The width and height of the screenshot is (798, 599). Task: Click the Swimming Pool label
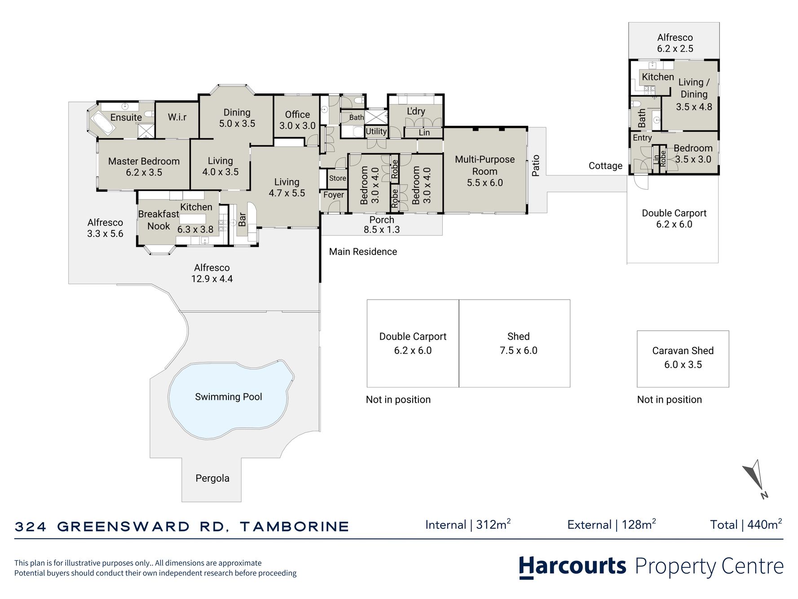(x=228, y=397)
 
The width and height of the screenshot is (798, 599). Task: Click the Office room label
(x=297, y=115)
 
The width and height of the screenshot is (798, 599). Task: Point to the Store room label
(x=337, y=178)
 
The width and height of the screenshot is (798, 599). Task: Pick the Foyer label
(x=334, y=195)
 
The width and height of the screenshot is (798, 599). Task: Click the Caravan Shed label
(x=683, y=351)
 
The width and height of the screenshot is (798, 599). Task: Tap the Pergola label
(x=212, y=479)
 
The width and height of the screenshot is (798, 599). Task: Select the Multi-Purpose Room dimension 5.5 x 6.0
(x=485, y=183)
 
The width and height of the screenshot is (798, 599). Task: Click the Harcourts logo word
(x=573, y=566)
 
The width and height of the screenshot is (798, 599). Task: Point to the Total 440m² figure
(x=746, y=524)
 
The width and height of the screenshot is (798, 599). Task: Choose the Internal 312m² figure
(x=468, y=524)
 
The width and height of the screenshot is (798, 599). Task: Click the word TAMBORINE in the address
(x=295, y=527)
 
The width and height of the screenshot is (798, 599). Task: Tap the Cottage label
(x=605, y=166)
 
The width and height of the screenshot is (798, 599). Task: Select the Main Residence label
(x=363, y=252)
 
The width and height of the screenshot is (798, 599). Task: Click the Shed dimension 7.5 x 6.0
(x=518, y=351)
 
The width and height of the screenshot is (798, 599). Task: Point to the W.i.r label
(x=177, y=117)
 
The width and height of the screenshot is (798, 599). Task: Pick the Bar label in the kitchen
(x=242, y=219)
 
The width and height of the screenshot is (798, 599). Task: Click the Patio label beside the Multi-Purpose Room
(x=535, y=165)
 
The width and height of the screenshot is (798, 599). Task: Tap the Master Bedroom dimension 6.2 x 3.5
(x=144, y=173)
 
